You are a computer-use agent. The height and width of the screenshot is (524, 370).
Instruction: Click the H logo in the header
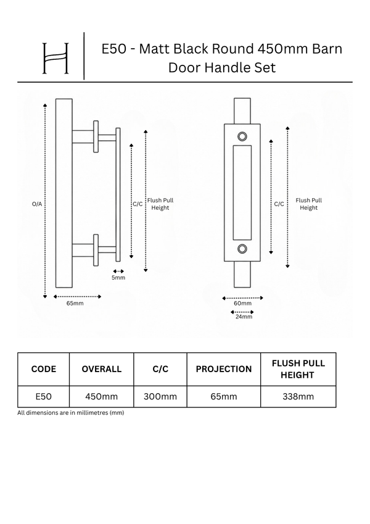(55, 58)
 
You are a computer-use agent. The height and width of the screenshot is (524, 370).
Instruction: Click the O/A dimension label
(37, 204)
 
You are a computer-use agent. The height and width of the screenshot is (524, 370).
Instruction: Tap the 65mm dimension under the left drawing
(75, 303)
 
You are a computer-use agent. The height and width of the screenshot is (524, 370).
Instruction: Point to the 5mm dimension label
(118, 277)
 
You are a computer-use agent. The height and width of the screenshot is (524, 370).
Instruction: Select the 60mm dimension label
(243, 303)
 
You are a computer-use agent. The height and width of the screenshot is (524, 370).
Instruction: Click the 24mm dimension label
(244, 317)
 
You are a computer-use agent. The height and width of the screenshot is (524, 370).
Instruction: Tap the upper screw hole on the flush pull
(242, 136)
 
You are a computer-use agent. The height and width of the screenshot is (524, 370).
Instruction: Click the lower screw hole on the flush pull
(242, 249)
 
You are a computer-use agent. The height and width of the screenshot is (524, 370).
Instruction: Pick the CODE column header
(43, 369)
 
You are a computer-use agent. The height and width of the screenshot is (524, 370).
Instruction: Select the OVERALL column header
(102, 369)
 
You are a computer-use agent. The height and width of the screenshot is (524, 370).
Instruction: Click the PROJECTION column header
(224, 369)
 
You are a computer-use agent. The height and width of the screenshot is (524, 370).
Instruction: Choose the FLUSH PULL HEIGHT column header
(298, 369)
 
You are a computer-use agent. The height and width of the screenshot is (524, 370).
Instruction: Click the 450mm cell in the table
(102, 397)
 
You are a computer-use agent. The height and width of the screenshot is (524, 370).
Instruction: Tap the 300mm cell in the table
(160, 397)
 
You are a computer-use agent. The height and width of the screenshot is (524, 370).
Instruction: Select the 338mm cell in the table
(298, 397)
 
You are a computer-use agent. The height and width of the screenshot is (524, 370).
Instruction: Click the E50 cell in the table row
(43, 397)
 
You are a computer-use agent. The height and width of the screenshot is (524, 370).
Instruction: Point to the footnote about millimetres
(71, 413)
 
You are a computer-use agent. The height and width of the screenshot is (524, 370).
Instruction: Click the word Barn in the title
(327, 49)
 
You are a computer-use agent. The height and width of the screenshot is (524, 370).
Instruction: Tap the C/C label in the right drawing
(279, 204)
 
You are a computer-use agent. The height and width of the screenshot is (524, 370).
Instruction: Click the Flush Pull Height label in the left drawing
(160, 204)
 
